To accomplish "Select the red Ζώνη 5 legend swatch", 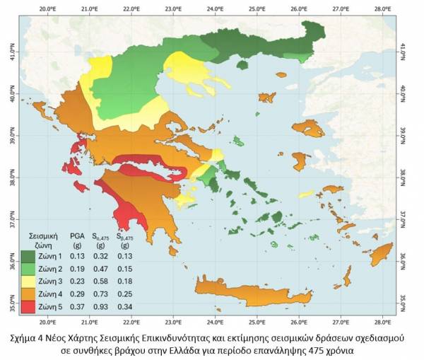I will point(28,306).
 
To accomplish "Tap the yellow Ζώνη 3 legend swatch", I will point(28,281).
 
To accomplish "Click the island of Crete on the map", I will point(254,290).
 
